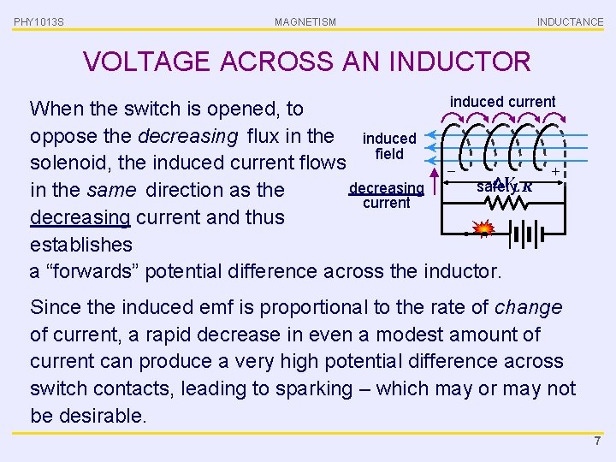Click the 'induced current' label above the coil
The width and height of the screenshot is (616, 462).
[502, 102]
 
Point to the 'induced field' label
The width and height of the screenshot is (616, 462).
[389, 145]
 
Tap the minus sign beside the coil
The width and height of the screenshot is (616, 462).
[451, 172]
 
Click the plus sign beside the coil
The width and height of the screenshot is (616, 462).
[555, 172]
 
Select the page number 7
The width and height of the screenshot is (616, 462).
[597, 441]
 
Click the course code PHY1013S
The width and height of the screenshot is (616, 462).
[38, 22]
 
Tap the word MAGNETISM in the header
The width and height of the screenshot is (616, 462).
[305, 22]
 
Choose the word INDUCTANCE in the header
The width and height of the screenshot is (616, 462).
[570, 22]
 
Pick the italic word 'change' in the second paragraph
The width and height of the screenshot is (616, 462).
[529, 307]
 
